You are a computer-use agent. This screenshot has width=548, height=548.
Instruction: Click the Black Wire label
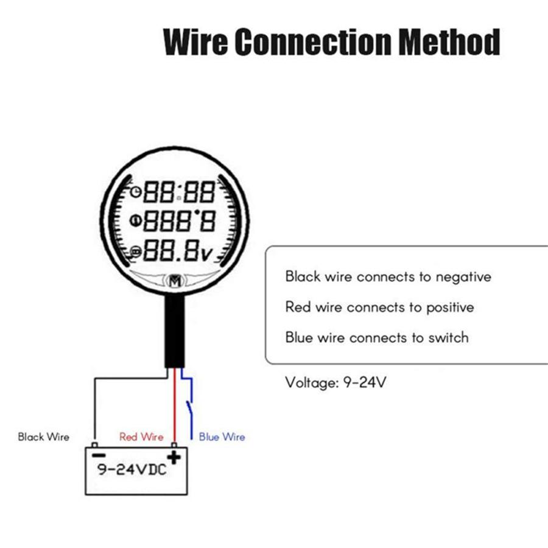pos(43,437)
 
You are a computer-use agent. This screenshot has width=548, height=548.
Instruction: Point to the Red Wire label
pos(141,437)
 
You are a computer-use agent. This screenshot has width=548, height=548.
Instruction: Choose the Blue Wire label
pos(222,437)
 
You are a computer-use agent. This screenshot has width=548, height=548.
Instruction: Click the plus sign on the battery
pos(175,457)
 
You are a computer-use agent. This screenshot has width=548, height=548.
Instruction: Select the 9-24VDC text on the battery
pos(132,471)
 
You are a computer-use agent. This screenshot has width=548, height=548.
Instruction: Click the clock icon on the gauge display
pos(135,192)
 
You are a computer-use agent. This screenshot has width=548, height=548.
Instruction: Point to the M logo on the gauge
pos(175,281)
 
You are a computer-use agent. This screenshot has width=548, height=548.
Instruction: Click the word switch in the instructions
pos(449,337)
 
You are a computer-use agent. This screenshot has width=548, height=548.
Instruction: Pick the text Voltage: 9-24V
pos(336,383)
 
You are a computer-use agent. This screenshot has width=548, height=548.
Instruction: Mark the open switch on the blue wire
pos(191,406)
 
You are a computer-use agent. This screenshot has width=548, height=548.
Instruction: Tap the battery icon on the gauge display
pos(135,252)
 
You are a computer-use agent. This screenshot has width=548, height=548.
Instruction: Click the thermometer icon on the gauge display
pos(135,221)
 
